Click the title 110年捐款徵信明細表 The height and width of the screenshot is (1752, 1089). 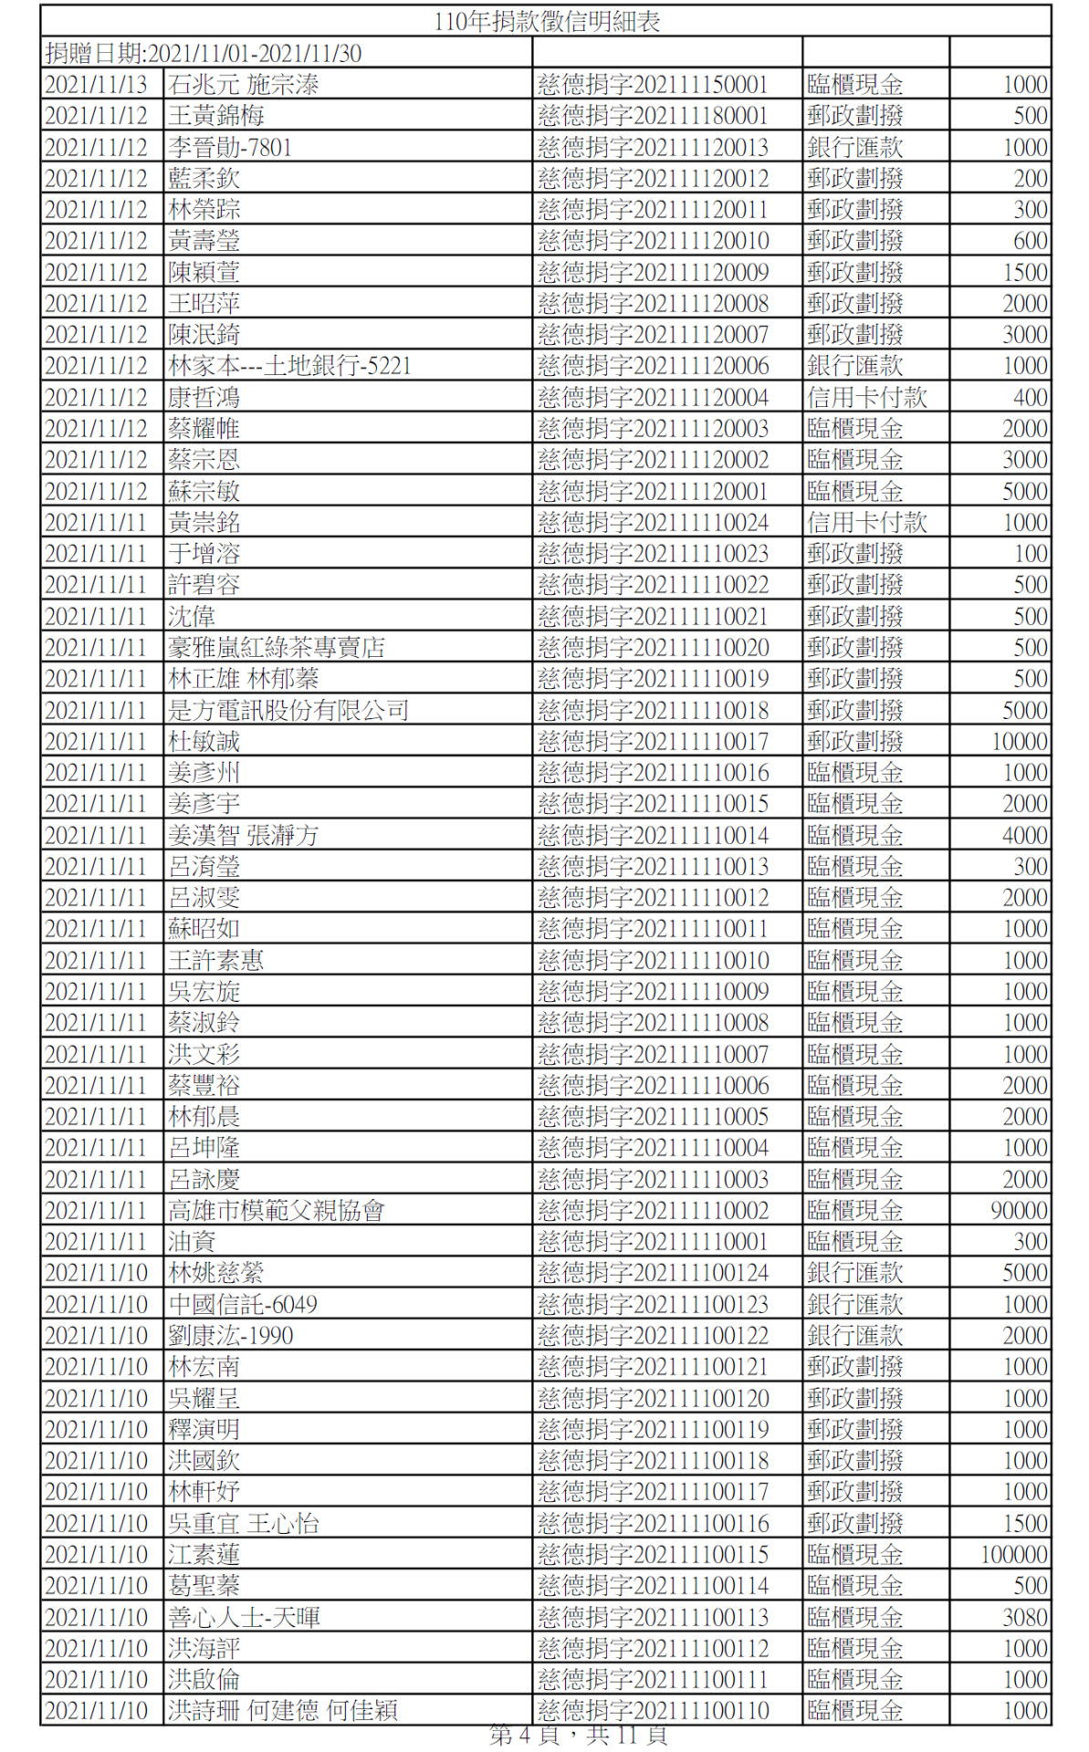pyautogui.click(x=547, y=21)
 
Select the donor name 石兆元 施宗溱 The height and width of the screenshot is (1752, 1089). pyautogui.click(x=244, y=85)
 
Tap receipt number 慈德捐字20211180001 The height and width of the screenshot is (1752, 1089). pyautogui.click(x=653, y=116)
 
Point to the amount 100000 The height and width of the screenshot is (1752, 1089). pyautogui.click(x=1013, y=1555)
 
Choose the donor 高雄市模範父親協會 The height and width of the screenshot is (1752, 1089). pyautogui.click(x=277, y=1211)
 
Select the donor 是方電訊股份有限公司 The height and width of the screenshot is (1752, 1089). pyautogui.click(x=288, y=710)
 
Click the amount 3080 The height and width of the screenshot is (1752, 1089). pyautogui.click(x=1024, y=1617)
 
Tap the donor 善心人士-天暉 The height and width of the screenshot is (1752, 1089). pyautogui.click(x=244, y=1617)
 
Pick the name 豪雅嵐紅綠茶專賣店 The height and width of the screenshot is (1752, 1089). pyautogui.click(x=277, y=648)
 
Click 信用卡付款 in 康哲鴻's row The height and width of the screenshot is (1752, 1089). pyautogui.click(x=866, y=398)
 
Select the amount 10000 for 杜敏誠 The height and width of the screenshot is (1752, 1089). pyautogui.click(x=1019, y=742)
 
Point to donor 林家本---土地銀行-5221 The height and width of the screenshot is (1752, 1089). pyautogui.click(x=289, y=366)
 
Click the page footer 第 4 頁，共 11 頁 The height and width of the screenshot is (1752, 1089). pyautogui.click(x=578, y=1735)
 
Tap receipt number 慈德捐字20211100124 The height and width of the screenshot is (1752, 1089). pyautogui.click(x=653, y=1273)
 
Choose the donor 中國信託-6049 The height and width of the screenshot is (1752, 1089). pyautogui.click(x=243, y=1305)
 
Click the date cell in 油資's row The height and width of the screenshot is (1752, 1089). pyautogui.click(x=96, y=1242)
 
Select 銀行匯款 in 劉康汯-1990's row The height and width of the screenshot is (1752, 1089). pyautogui.click(x=854, y=1336)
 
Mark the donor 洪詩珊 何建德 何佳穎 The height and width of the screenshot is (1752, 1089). pyautogui.click(x=283, y=1711)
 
